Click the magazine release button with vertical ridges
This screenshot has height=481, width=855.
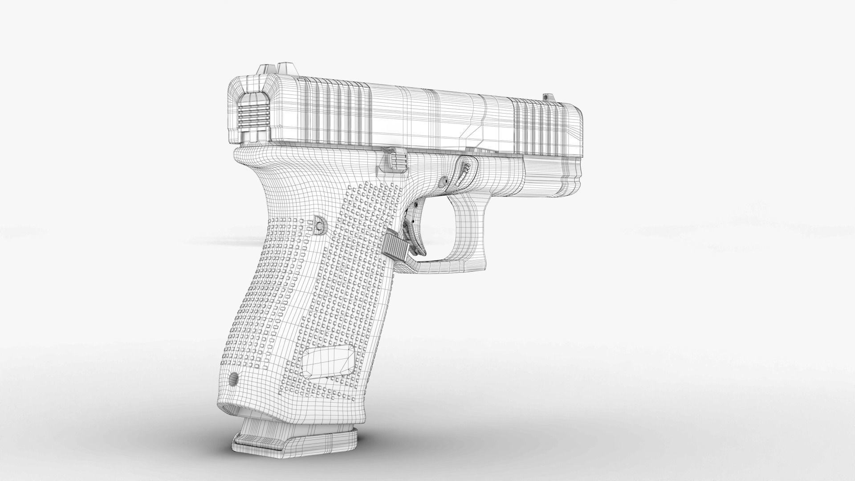tap(395, 245)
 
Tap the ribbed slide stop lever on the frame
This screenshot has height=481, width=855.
tap(394, 162)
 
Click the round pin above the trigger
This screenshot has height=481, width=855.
tap(444, 181)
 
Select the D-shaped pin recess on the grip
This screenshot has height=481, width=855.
tap(319, 225)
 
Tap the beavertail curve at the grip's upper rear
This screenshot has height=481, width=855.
tap(249, 165)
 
